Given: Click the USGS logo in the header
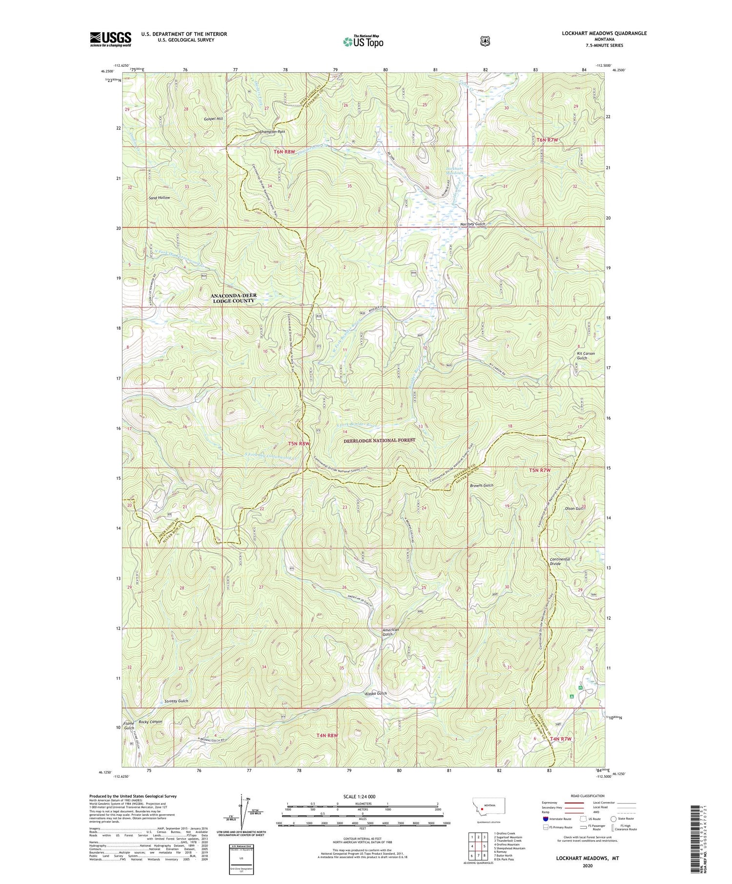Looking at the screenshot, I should coord(110,39).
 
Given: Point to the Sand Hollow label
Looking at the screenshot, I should coord(160,198).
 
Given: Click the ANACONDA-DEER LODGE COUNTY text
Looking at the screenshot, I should coord(234,298).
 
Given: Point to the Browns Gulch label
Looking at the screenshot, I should coord(482,486).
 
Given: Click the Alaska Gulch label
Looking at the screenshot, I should coord(376,693).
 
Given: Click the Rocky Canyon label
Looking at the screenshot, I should coord(150,722).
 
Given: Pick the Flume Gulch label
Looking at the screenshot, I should coord(129,726).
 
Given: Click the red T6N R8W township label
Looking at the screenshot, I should coord(285,152).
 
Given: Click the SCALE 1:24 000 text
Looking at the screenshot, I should coord(362,796).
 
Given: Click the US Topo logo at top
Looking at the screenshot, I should coord(363,42).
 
